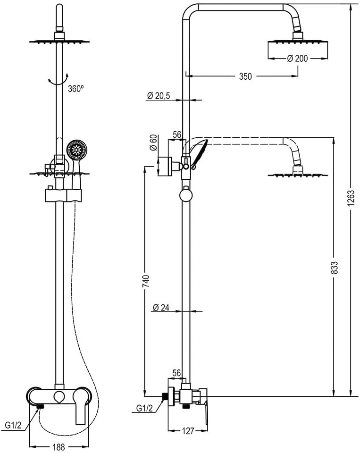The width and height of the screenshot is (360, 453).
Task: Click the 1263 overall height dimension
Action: pos(351,198)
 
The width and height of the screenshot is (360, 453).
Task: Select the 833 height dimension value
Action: pos(334,268)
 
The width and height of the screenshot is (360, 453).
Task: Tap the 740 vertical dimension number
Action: pos(146,281)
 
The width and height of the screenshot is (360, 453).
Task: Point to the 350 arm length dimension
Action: pos(245,76)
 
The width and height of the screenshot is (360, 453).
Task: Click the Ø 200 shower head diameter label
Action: pos(297,59)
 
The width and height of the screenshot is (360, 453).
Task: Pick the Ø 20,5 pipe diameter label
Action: pos(159,96)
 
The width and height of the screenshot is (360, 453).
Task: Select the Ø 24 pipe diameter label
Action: pos(161,308)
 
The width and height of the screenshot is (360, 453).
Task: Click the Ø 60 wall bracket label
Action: pos(153,143)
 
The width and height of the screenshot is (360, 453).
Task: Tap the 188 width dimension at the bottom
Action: pos(59,447)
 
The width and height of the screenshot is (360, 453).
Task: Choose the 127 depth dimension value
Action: pos(188,431)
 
